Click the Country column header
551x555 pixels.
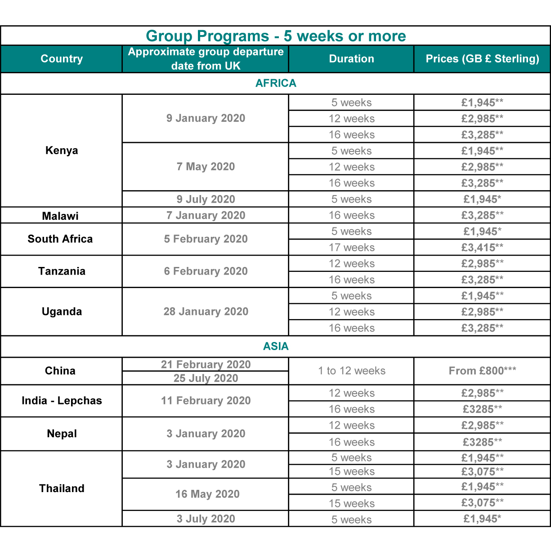pyautogui.click(x=62, y=59)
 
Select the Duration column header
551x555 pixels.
pyautogui.click(x=351, y=59)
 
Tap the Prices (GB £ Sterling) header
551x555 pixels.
pyautogui.click(x=482, y=59)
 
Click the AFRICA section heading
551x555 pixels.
pyautogui.click(x=276, y=83)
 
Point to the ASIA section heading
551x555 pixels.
pyautogui.click(x=276, y=346)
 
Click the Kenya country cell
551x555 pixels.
pyautogui.click(x=62, y=151)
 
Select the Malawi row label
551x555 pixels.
pyautogui.click(x=60, y=216)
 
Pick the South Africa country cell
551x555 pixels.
pyautogui.click(x=60, y=239)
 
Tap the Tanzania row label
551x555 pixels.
pyautogui.click(x=62, y=271)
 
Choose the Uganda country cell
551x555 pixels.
pyautogui.click(x=62, y=312)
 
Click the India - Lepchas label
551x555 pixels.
pyautogui.click(x=62, y=401)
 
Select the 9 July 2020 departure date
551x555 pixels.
pyautogui.click(x=206, y=199)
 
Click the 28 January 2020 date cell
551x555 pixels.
pyautogui.click(x=206, y=312)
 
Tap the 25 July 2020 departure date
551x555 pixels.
pyautogui.click(x=206, y=378)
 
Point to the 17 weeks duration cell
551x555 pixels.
pyautogui.click(x=351, y=248)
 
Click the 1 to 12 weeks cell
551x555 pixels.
pyautogui.click(x=351, y=371)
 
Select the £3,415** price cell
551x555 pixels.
pyautogui.click(x=482, y=248)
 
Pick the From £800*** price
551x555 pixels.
pyautogui.click(x=482, y=371)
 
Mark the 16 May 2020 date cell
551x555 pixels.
pyautogui.click(x=207, y=494)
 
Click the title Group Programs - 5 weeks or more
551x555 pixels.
pyautogui.click(x=276, y=36)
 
